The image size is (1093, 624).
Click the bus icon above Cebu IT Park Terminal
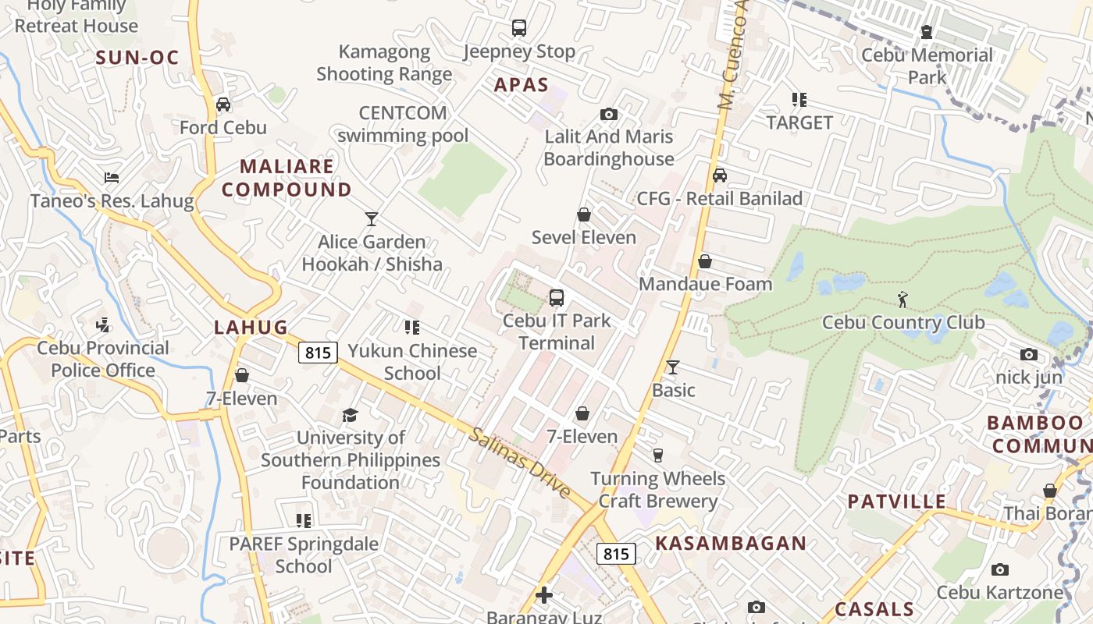[557, 297]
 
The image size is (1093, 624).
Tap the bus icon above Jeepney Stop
[519, 28]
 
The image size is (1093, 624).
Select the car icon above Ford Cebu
[223, 105]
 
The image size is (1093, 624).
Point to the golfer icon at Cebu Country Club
[903, 299]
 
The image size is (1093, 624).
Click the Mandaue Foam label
[705, 284]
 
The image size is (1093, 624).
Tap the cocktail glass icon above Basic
[673, 367]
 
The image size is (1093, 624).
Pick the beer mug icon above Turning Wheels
[657, 456]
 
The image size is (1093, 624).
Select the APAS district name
[522, 85]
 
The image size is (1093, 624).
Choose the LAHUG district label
[251, 328]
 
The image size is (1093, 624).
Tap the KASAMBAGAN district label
[731, 543]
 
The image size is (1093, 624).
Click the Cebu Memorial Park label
[927, 66]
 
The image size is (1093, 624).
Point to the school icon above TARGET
[799, 100]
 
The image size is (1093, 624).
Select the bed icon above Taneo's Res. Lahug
[112, 178]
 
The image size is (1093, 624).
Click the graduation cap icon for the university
[350, 415]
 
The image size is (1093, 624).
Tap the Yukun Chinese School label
[412, 362]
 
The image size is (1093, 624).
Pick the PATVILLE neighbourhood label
[896, 502]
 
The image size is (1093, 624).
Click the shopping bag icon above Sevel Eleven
[583, 214]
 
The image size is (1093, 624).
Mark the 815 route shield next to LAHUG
[318, 353]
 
